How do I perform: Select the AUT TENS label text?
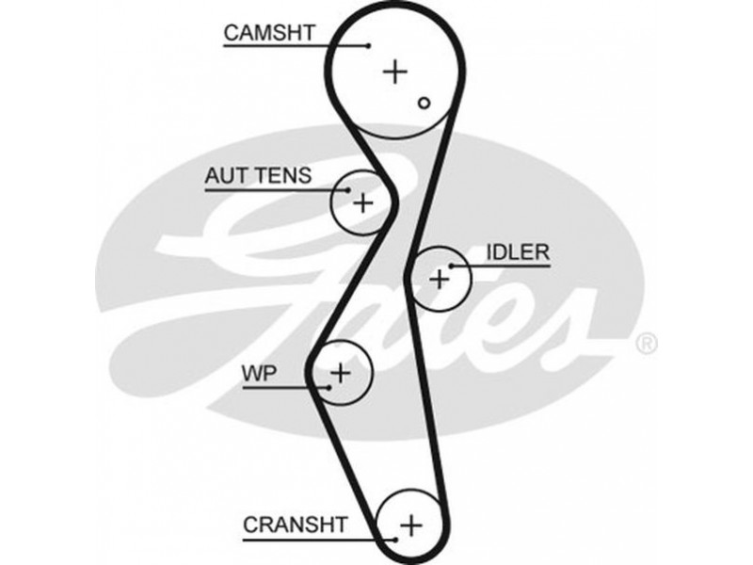259,175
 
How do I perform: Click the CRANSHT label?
295,525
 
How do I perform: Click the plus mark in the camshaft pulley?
396,71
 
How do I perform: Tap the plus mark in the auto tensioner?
363,202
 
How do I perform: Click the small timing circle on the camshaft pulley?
425,103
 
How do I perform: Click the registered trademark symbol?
648,345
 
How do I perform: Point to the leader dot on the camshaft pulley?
368,45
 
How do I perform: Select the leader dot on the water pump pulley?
329,386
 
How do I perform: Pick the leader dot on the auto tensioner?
351,190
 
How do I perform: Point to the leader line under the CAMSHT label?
292,45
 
